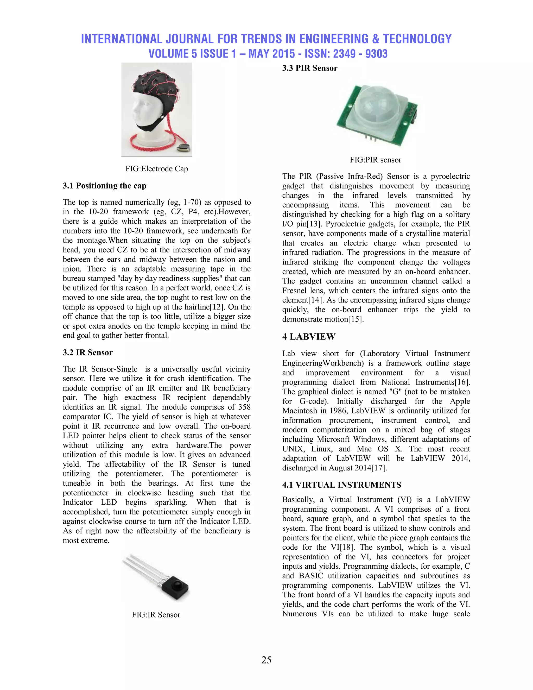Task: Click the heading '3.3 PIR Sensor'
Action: coord(309,68)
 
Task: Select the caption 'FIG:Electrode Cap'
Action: coord(157,169)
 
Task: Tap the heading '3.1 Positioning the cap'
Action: coord(105,186)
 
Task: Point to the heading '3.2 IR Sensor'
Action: coord(87,353)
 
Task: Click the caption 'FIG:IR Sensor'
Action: coord(156,615)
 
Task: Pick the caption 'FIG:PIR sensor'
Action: coord(376,160)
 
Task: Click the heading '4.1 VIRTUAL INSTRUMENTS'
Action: coord(342,485)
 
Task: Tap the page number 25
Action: coord(266,660)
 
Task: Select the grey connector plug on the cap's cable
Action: coord(183,147)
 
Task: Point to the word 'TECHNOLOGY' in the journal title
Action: coord(417,39)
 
